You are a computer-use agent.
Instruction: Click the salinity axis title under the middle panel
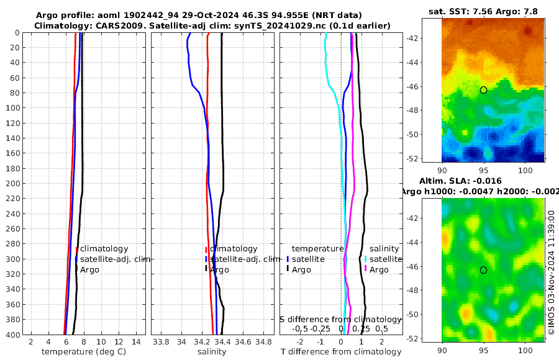[x=212, y=352]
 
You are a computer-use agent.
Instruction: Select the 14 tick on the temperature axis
[x=135, y=341]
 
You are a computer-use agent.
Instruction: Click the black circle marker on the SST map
[x=483, y=90]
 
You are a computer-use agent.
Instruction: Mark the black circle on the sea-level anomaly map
[x=483, y=270]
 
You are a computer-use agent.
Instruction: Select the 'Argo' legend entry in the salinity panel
[x=219, y=270]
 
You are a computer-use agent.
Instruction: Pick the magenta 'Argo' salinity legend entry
[x=379, y=270]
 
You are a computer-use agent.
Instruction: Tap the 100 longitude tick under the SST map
[x=526, y=169]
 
